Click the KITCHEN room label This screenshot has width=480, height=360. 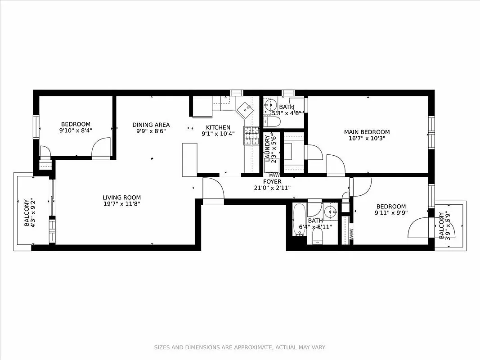218,127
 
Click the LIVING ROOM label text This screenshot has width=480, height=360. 121,197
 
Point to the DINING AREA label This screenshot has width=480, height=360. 151,125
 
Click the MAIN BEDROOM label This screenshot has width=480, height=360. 367,132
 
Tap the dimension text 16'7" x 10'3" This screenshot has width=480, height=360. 367,139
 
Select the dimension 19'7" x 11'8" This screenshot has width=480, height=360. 121,204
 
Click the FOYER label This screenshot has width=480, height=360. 272,181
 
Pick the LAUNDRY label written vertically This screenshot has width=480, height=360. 267,148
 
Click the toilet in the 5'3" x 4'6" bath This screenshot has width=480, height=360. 272,122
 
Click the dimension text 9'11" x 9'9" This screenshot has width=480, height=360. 390,213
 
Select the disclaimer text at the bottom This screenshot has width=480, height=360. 240,347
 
